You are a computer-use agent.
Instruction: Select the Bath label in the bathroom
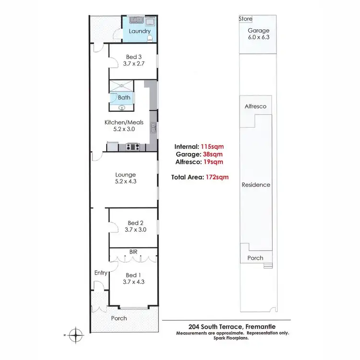(x=124, y=97)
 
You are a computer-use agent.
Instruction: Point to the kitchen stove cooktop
(x=132, y=147)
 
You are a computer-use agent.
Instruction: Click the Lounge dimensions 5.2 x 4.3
(x=125, y=182)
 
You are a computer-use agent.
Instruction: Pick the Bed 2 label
(x=136, y=223)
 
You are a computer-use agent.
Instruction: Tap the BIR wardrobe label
(x=133, y=252)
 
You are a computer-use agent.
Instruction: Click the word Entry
(x=101, y=273)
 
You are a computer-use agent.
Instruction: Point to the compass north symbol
(x=75, y=333)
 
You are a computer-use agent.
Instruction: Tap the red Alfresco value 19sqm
(x=214, y=162)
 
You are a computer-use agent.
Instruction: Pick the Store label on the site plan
(x=245, y=19)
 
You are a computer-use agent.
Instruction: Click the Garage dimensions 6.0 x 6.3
(x=258, y=36)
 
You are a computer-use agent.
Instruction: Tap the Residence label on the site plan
(x=256, y=185)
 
